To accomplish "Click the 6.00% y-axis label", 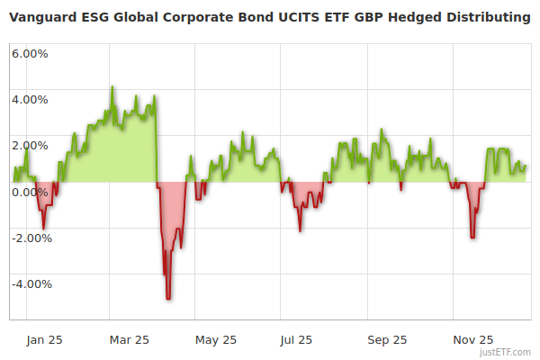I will tap(31, 53).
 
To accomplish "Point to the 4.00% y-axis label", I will tap(31, 99).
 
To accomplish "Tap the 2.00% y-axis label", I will tap(31, 145).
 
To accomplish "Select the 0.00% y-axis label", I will tap(31, 192).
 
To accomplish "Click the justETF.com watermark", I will tap(505, 352).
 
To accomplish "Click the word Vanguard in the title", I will tap(42, 17).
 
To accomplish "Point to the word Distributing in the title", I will tap(490, 17).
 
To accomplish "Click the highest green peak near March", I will tap(112, 87).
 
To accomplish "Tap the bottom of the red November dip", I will tap(472, 238).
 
